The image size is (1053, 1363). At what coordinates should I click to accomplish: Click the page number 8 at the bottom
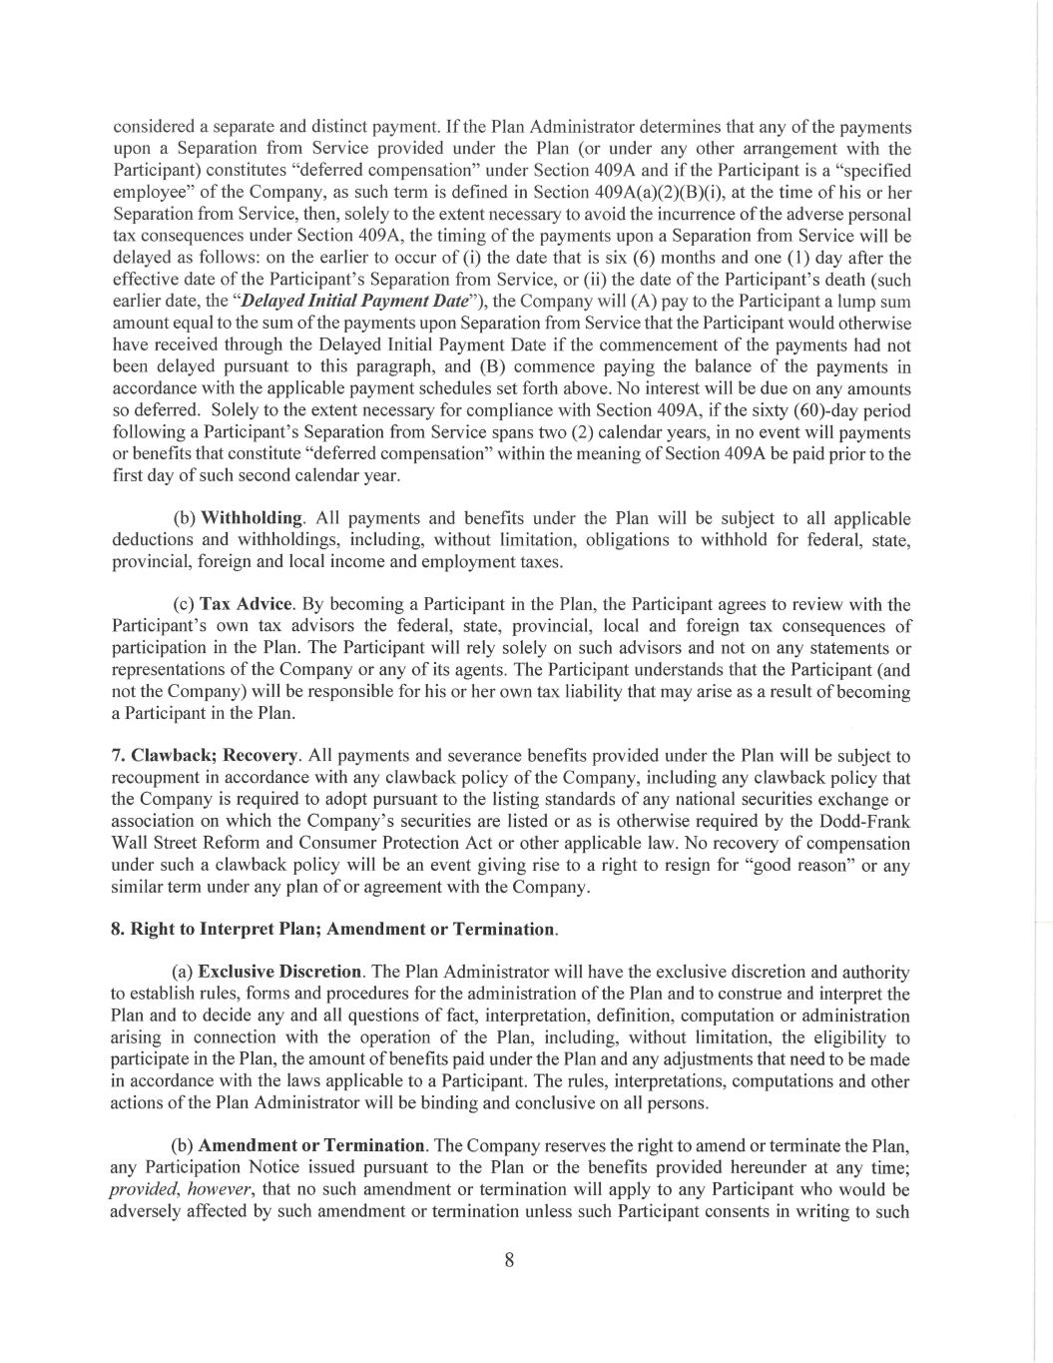click(x=509, y=1259)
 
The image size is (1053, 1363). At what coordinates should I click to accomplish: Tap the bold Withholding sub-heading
click(x=252, y=517)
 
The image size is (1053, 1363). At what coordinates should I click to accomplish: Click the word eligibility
click(x=871, y=1037)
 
